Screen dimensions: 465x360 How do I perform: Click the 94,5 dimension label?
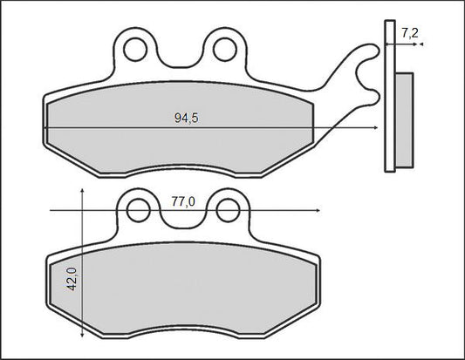tap(186, 119)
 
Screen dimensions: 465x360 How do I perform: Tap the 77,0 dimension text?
tap(183, 202)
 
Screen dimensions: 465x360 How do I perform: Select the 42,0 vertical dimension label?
tap(72, 279)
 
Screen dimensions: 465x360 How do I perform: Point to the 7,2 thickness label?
tap(410, 33)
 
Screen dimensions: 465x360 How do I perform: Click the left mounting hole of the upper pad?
tap(135, 50)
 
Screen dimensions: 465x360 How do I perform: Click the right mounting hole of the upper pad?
tap(225, 50)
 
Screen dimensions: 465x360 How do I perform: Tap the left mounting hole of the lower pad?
tap(139, 211)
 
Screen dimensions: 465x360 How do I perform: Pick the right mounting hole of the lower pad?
tap(228, 211)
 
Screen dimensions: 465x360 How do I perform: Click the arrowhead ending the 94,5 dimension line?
tap(376, 128)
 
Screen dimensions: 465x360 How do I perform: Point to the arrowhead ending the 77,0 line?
tap(318, 211)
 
